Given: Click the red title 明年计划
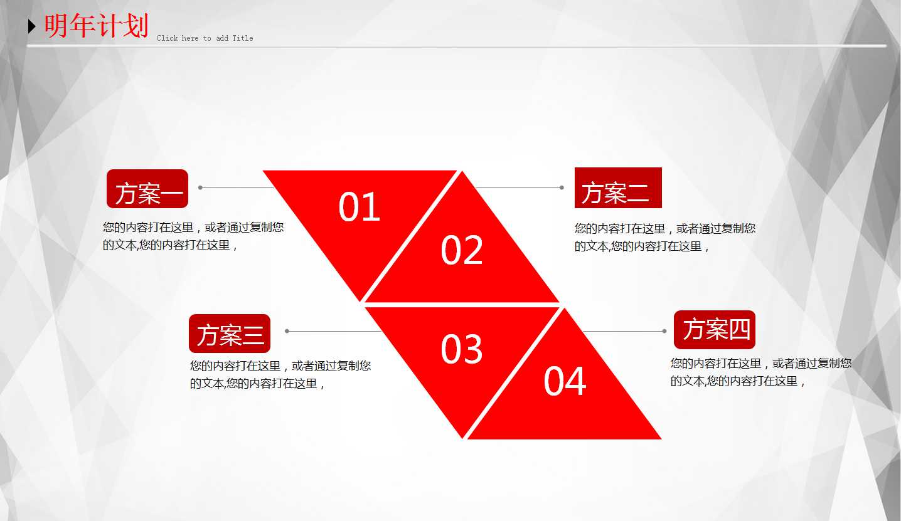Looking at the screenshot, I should coord(97,26).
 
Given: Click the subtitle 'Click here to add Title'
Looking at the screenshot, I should coord(205,38).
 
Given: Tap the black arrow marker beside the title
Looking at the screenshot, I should coord(32,26).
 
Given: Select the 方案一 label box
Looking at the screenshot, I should coord(147,189).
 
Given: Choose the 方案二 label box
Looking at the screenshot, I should coord(618,188).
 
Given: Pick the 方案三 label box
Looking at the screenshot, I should coord(230,334).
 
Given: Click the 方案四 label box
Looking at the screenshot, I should coord(715,330).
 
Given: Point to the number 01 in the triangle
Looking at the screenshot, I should coord(360,207).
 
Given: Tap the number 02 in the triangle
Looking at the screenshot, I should coord(462,250).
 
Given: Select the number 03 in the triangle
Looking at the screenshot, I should coord(462,349).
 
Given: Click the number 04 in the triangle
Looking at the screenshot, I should coord(565,381).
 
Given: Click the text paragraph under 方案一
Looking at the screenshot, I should coord(193,236).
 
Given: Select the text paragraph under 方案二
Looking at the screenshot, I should coord(665,238).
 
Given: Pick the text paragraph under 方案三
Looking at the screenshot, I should coord(280,374).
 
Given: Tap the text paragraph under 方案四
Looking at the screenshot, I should coord(760,372).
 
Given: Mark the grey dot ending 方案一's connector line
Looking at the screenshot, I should coord(200,187).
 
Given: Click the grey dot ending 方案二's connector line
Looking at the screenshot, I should coord(562,187).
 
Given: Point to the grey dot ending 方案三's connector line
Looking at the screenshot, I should coord(287,331).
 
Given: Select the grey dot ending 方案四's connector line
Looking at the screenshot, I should coord(664,331).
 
